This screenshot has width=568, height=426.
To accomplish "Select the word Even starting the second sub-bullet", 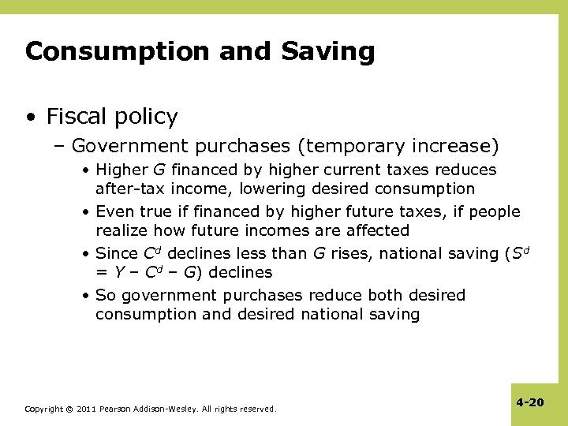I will (113, 212).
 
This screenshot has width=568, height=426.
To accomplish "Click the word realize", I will (122, 231).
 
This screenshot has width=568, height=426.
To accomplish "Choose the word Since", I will (114, 254).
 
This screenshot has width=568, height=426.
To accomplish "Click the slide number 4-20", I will (530, 402).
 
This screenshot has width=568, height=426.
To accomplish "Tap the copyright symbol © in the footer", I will (69, 409).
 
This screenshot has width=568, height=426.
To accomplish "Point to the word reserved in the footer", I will (258, 409).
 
